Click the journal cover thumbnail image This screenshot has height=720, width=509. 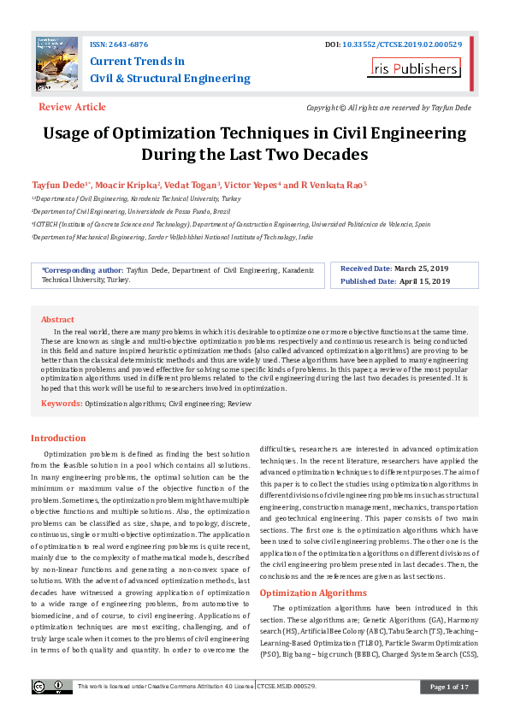[56, 62]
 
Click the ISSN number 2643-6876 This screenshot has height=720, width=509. [125, 44]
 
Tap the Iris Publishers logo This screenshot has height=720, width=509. [414, 69]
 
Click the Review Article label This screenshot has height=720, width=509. [72, 107]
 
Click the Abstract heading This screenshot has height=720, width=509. [58, 319]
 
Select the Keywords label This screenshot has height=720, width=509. [62, 402]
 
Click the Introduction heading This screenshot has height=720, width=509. [58, 438]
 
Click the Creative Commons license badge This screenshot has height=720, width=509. [52, 687]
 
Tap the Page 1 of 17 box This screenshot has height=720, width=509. [449, 687]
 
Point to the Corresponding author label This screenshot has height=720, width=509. [82, 269]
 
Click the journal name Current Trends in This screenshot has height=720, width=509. [137, 62]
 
